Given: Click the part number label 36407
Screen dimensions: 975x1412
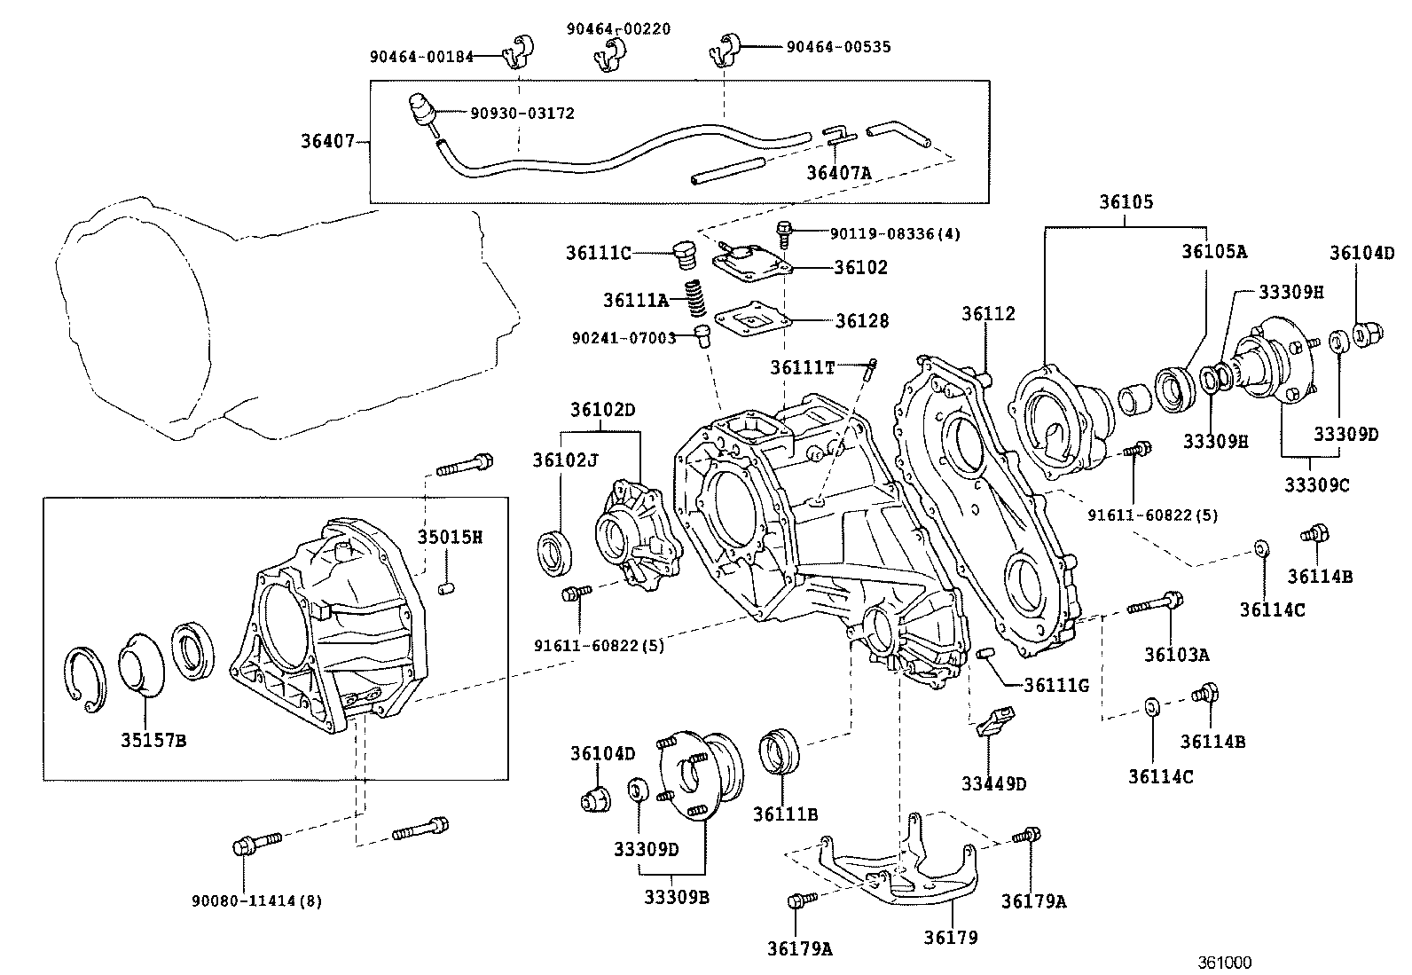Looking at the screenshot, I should (327, 141).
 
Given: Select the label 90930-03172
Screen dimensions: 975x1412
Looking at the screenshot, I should (522, 114).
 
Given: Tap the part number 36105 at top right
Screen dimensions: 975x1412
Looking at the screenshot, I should (1126, 202).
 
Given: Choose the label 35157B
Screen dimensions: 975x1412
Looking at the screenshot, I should (153, 740).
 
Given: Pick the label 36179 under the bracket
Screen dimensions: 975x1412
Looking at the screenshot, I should (950, 937).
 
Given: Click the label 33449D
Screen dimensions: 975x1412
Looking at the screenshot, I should (993, 783).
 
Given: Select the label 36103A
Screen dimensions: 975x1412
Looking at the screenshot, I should (1176, 655).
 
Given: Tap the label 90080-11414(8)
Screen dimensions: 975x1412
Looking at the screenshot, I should (256, 901).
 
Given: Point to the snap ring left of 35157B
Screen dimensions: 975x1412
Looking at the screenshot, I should (86, 679).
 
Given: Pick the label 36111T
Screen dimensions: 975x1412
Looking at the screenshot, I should (802, 366).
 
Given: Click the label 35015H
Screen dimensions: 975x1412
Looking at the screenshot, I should (450, 538).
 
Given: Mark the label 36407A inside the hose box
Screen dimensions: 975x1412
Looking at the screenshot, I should (838, 172).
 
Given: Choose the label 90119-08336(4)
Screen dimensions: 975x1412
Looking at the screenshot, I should (895, 234).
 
